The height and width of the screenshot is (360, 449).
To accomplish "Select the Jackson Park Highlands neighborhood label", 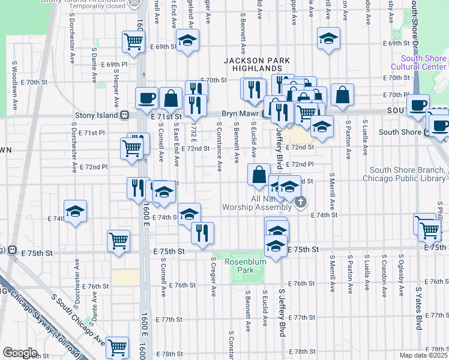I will click(257, 65).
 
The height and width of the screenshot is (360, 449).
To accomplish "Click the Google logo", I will click(20, 353).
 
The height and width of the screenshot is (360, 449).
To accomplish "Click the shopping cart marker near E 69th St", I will click(133, 42).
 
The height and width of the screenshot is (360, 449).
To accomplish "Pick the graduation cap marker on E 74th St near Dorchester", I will click(75, 211).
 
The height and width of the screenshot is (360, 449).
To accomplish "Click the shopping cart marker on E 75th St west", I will click(118, 241).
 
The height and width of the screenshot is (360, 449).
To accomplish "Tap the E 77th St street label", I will click(301, 317).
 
